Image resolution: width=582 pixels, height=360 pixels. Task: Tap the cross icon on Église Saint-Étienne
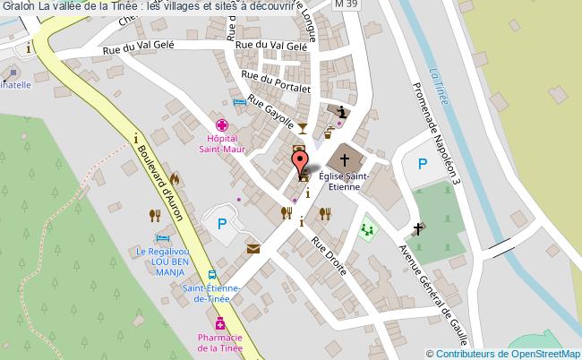tap(344, 159)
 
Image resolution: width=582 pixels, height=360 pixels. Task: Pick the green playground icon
tap(366, 230)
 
